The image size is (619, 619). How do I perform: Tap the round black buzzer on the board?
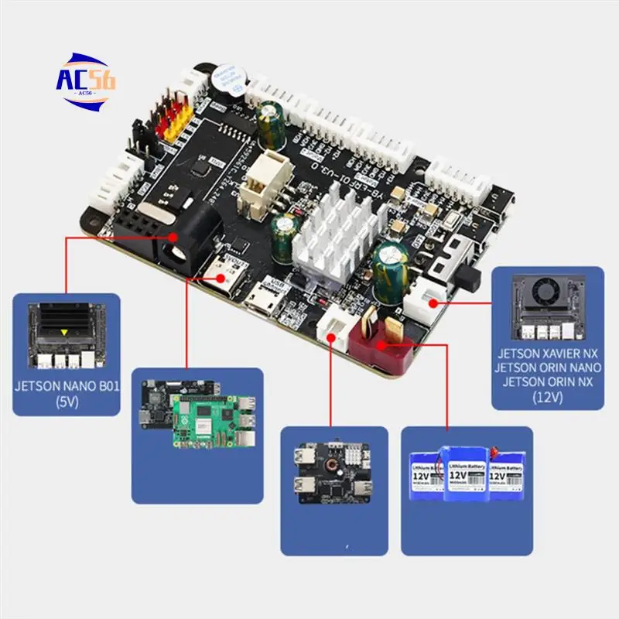point(226,80)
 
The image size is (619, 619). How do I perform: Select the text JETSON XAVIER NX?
point(548,353)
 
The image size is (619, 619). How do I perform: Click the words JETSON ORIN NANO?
point(548,367)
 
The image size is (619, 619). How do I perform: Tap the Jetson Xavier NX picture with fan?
point(548,306)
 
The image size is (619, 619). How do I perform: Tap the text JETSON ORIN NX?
point(548,381)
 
